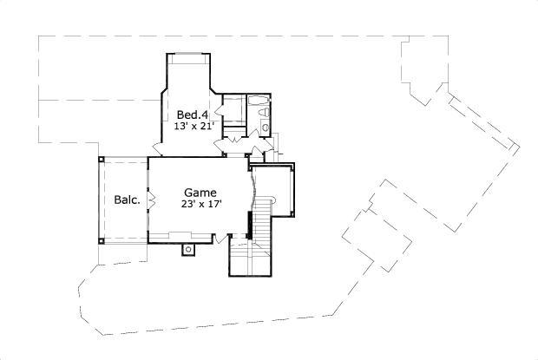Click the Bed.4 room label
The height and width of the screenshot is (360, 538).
192,115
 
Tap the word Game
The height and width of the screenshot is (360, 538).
200,193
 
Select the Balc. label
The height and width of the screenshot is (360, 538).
127,200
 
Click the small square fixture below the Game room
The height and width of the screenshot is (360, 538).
188,250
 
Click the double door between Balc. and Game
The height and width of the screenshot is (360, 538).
150,200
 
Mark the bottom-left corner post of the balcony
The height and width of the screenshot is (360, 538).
101,240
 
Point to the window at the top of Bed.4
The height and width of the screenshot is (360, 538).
187,56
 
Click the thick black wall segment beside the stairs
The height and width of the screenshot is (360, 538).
250,225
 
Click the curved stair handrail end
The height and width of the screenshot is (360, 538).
272,200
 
